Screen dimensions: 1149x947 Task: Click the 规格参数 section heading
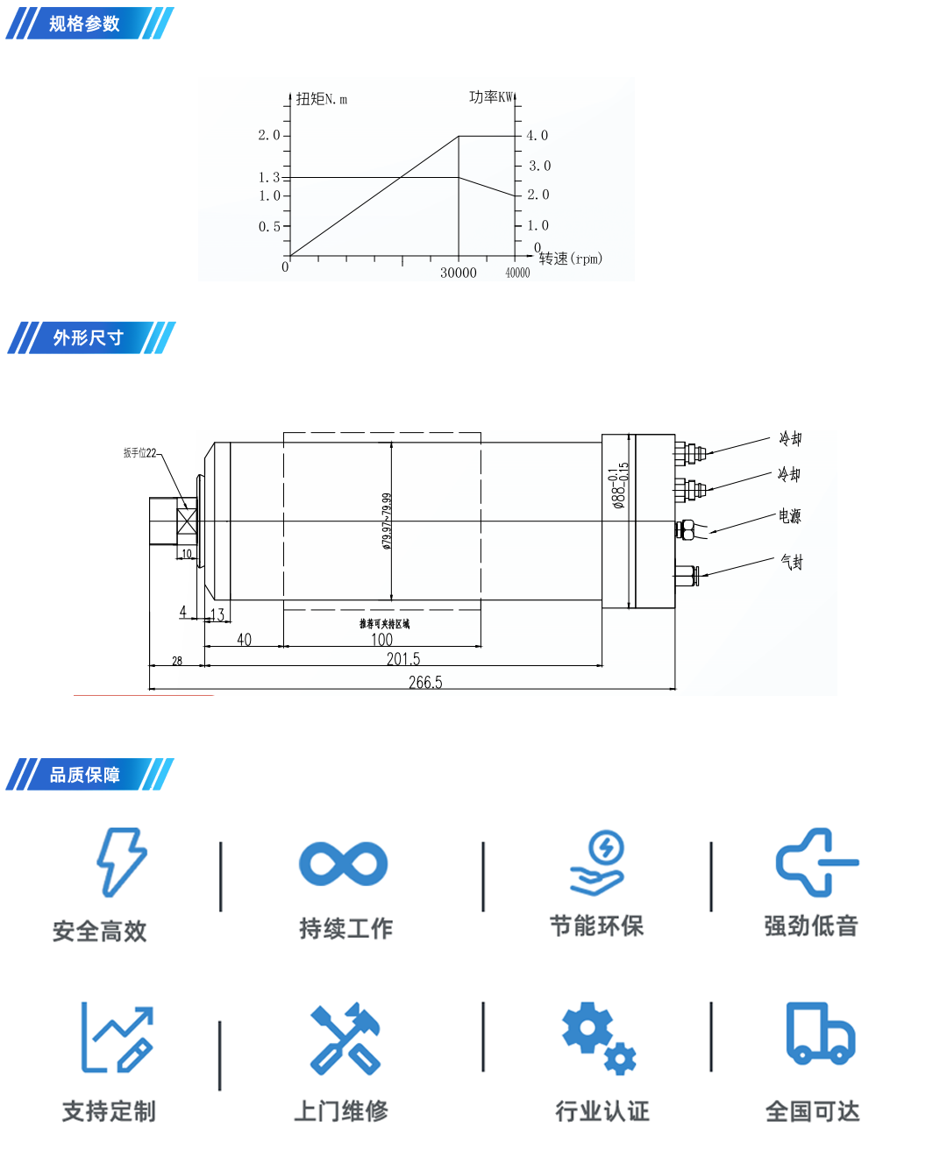(84, 24)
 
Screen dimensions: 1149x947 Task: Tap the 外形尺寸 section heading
(88, 337)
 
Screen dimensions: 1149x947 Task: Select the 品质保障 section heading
(85, 775)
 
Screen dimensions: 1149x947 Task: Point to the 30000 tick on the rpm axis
(458, 273)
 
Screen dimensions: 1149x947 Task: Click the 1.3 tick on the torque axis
(269, 178)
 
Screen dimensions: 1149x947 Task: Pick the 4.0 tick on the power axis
(537, 136)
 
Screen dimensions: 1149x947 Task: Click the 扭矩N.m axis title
(321, 99)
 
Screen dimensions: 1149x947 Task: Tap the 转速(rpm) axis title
(571, 259)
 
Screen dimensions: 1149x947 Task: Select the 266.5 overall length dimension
(425, 682)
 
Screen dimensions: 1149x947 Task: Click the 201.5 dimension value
(403, 659)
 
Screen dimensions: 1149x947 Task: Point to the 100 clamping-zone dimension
(381, 640)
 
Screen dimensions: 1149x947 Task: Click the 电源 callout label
(790, 516)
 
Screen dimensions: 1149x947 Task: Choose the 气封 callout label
(792, 562)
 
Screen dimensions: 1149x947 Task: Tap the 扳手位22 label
(139, 453)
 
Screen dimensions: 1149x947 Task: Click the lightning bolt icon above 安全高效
(121, 862)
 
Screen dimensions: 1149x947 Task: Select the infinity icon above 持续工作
(343, 864)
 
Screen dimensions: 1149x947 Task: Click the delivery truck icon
(820, 1033)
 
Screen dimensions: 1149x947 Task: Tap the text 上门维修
(341, 1111)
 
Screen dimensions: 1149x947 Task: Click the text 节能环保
(596, 926)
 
